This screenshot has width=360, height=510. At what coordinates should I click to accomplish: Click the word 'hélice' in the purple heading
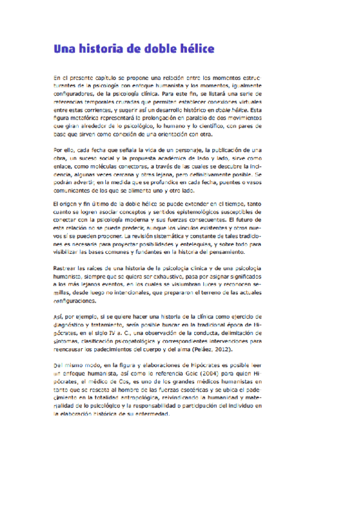pos(192,49)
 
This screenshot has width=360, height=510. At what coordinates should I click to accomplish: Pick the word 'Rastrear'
pos(64,267)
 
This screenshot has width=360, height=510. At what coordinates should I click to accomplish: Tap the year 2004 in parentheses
pos(218,373)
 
